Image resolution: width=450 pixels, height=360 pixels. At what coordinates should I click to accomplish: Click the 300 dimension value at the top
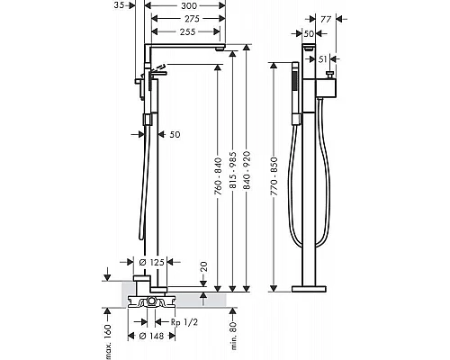click(189, 5)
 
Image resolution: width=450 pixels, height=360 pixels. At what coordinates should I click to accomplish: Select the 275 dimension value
click(192, 19)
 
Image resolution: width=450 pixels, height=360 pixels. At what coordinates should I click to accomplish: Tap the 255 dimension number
click(188, 31)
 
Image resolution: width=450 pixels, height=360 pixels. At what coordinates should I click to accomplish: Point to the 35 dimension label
click(119, 5)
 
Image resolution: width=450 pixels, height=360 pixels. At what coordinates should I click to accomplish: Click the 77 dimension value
click(326, 19)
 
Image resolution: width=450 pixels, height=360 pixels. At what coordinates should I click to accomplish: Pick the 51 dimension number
click(322, 59)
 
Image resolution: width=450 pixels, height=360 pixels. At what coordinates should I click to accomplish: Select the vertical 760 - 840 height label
click(219, 176)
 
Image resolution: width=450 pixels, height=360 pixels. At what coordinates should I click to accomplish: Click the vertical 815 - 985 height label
click(233, 170)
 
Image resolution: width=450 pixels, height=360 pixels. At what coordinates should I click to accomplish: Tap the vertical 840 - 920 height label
click(247, 170)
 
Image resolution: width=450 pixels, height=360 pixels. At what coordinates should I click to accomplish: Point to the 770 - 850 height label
click(274, 176)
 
